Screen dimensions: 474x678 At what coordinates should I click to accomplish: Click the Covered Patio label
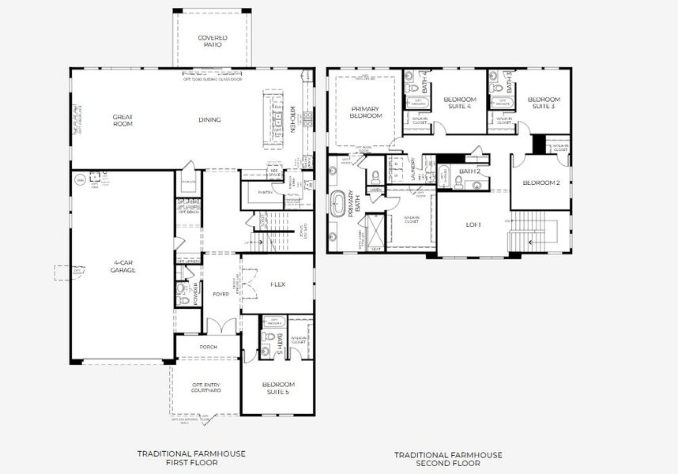click(213, 41)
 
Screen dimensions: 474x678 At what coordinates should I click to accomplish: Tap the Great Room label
click(122, 120)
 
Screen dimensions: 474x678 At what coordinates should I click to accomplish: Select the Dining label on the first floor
click(209, 120)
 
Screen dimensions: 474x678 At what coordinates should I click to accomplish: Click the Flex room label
click(277, 284)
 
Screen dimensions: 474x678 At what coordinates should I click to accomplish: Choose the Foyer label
click(220, 294)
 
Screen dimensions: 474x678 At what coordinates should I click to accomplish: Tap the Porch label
click(209, 346)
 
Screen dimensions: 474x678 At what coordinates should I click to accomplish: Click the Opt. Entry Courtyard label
click(206, 387)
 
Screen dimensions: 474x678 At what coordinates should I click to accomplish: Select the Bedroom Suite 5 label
click(278, 387)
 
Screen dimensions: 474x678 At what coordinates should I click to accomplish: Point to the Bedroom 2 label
click(541, 182)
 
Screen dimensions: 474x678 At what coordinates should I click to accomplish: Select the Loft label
click(473, 224)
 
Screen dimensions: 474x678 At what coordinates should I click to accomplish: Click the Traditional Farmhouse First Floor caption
click(191, 458)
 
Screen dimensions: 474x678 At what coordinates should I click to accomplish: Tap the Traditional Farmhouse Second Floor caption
click(448, 458)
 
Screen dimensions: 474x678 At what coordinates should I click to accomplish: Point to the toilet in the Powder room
click(183, 299)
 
